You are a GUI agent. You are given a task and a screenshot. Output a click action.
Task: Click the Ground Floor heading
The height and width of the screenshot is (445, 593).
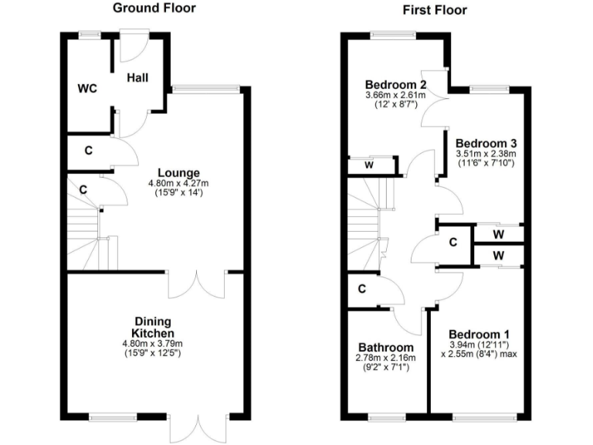pos(154,8)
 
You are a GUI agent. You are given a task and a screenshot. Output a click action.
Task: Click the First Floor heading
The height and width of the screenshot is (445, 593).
pos(435,10)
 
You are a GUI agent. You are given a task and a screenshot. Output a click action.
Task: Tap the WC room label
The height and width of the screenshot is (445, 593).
pos(87,88)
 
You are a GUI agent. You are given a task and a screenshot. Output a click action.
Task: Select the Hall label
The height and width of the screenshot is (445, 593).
pos(138,77)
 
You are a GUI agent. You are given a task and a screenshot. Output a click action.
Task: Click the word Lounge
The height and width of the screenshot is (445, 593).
pos(179,172)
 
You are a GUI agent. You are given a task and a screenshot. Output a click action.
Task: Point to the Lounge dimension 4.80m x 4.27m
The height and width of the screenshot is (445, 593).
pos(179,183)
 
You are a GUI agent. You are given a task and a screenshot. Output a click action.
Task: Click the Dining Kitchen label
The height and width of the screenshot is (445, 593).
pos(153,327)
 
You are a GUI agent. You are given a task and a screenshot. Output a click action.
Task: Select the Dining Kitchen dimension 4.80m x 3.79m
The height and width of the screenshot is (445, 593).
pos(153,343)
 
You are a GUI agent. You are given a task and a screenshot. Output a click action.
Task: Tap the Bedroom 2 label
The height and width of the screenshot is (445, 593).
pos(396,84)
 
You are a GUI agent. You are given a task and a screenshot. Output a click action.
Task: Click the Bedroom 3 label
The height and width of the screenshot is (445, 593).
pos(486,143)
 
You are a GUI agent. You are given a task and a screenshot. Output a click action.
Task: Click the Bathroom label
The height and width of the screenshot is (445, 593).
pos(385,348)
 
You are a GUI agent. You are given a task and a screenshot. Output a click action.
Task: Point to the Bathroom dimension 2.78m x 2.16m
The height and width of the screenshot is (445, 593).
pos(385,358)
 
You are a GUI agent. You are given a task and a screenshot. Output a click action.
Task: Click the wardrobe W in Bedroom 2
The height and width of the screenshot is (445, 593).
pos(371,165)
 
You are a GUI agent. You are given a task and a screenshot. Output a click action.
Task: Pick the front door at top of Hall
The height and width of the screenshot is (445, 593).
pos(134,46)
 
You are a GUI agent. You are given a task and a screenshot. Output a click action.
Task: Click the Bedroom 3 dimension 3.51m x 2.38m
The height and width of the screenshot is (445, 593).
pos(486,154)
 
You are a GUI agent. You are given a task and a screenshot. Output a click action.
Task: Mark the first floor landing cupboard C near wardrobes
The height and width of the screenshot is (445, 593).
pos(453,242)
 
